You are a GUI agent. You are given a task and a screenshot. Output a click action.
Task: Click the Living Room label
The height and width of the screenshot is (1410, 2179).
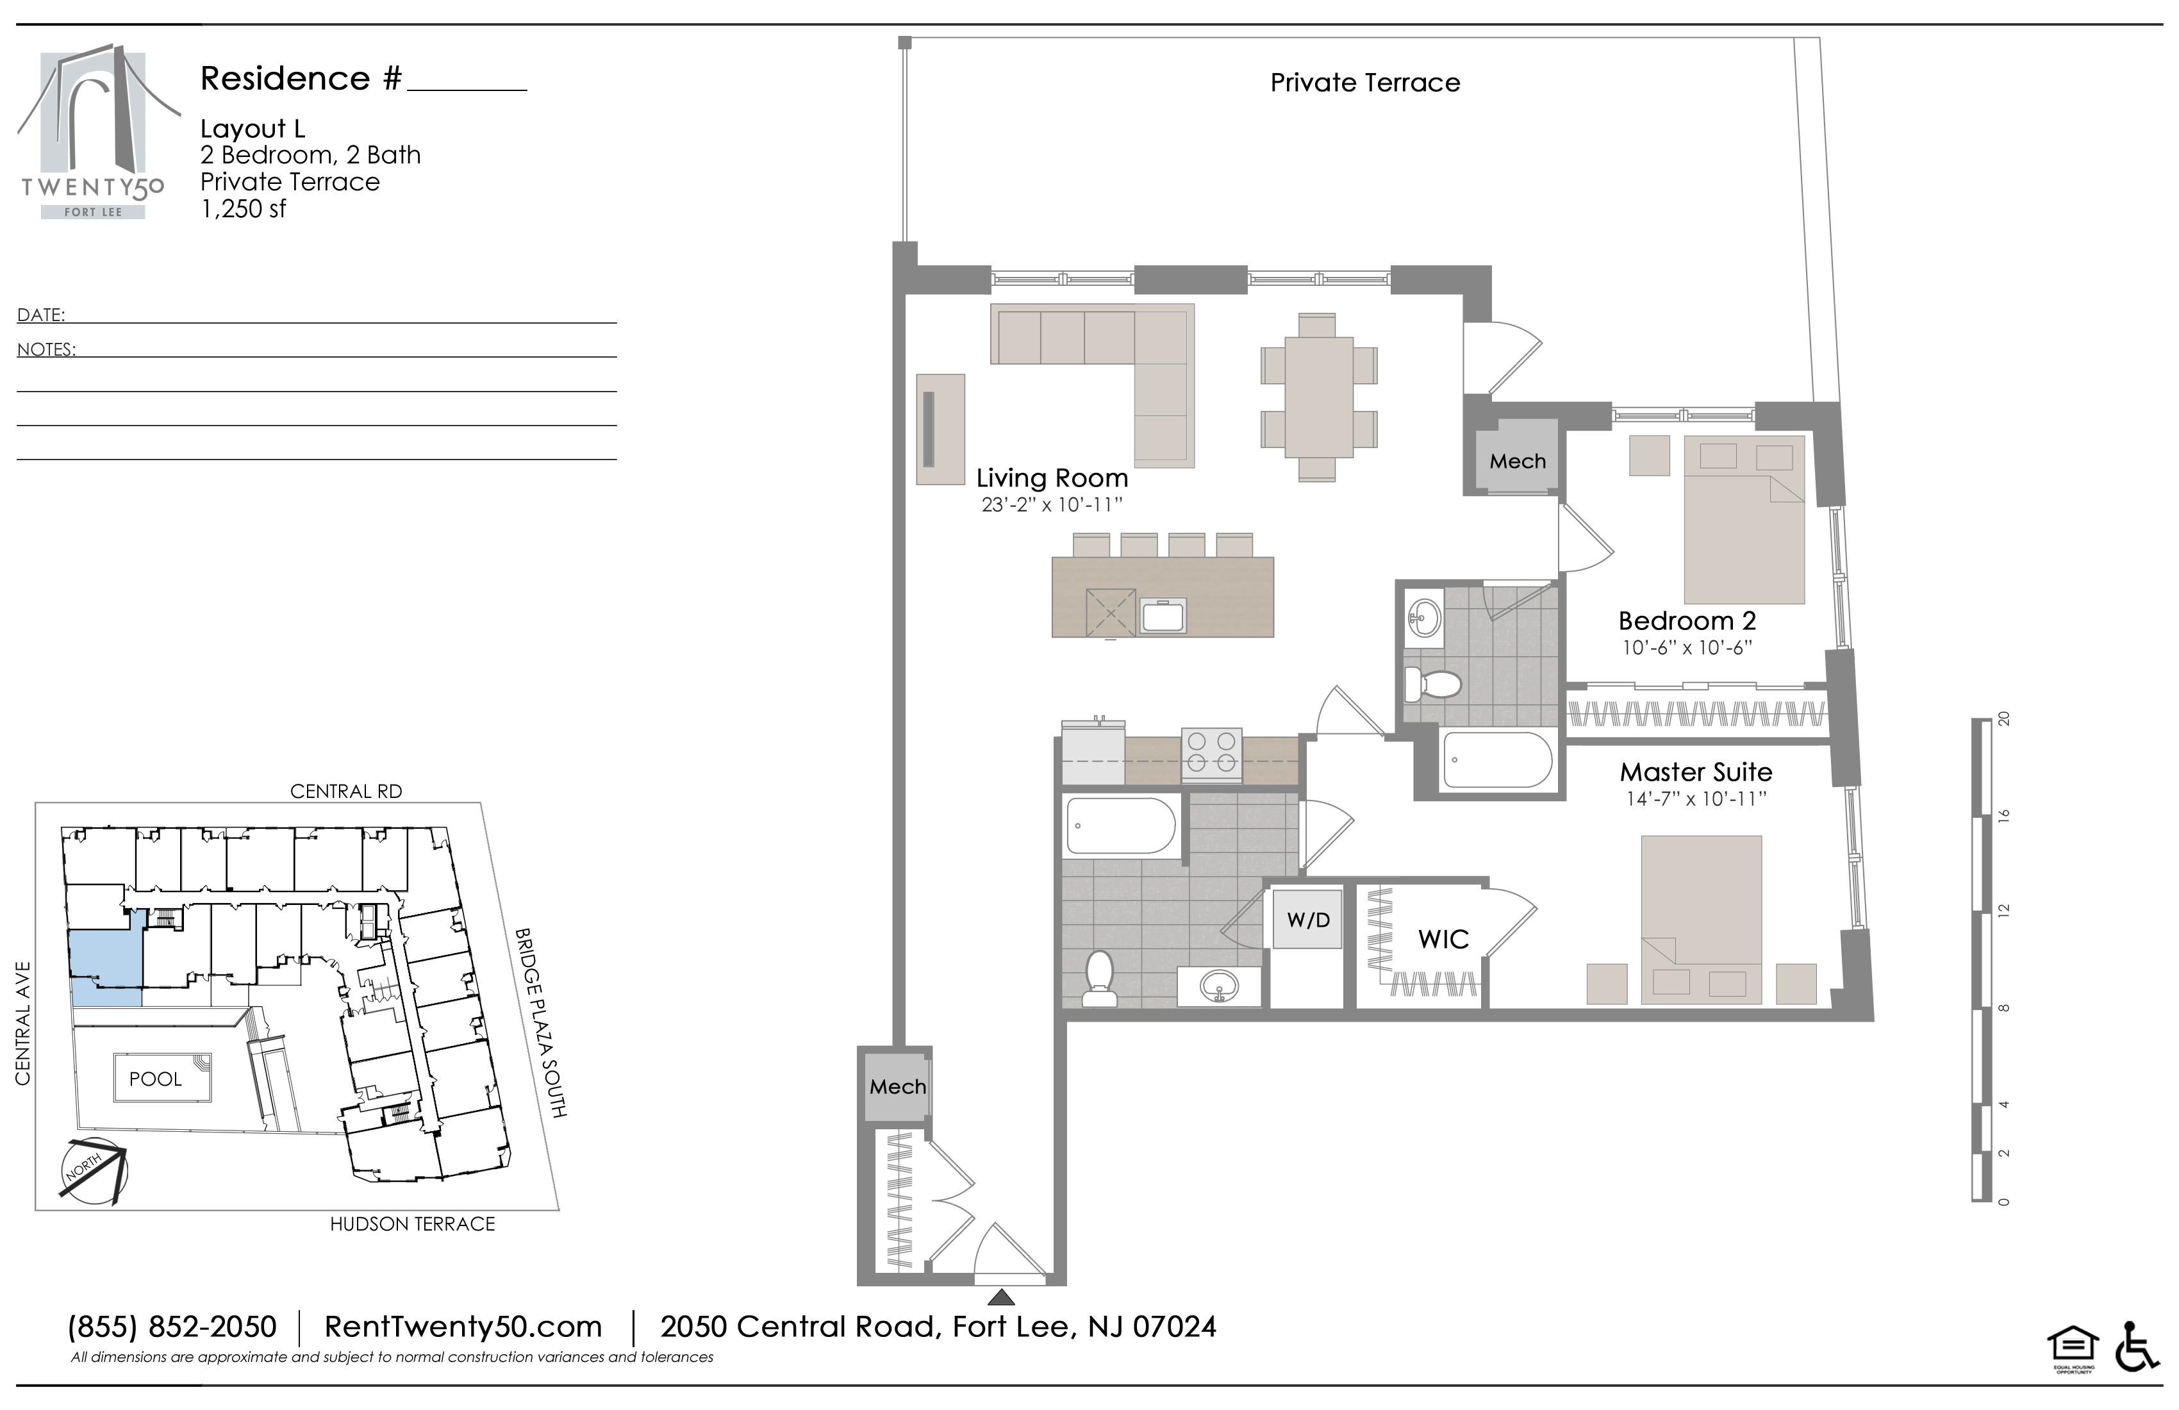click(x=1052, y=478)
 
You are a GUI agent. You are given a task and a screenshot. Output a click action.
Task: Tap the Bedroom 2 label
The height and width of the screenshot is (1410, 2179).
click(x=1687, y=621)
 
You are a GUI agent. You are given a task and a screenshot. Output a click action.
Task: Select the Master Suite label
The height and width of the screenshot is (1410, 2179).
click(x=1696, y=772)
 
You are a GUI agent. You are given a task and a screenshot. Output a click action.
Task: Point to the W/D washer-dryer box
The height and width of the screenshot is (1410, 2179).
click(x=1307, y=919)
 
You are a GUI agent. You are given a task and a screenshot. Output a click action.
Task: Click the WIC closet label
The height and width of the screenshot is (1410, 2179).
click(x=1444, y=938)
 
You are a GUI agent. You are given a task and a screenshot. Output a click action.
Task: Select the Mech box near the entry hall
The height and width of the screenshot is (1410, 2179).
click(x=898, y=1086)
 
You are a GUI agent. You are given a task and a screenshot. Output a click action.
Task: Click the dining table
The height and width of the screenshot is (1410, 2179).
click(x=1320, y=397)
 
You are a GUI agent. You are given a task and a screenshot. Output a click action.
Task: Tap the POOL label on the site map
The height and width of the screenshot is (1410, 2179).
click(x=156, y=1079)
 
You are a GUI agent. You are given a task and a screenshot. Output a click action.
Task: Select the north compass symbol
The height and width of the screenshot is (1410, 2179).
click(x=92, y=1172)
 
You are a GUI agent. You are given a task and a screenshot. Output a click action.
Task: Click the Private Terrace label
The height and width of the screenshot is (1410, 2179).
click(x=1365, y=83)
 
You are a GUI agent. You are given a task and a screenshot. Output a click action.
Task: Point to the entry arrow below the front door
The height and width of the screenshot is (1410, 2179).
click(x=1002, y=1297)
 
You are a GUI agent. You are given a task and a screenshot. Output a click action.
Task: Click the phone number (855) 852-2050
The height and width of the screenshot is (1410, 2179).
click(x=172, y=1327)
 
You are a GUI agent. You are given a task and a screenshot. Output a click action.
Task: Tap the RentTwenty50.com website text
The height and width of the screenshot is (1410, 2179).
click(x=463, y=1327)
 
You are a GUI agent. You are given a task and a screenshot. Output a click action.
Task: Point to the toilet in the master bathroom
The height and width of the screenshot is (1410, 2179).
click(x=1098, y=978)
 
